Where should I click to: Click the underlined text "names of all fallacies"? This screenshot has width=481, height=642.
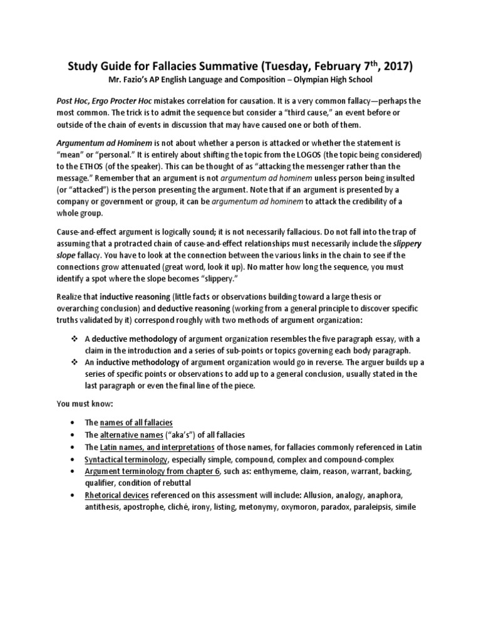point(137,423)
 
